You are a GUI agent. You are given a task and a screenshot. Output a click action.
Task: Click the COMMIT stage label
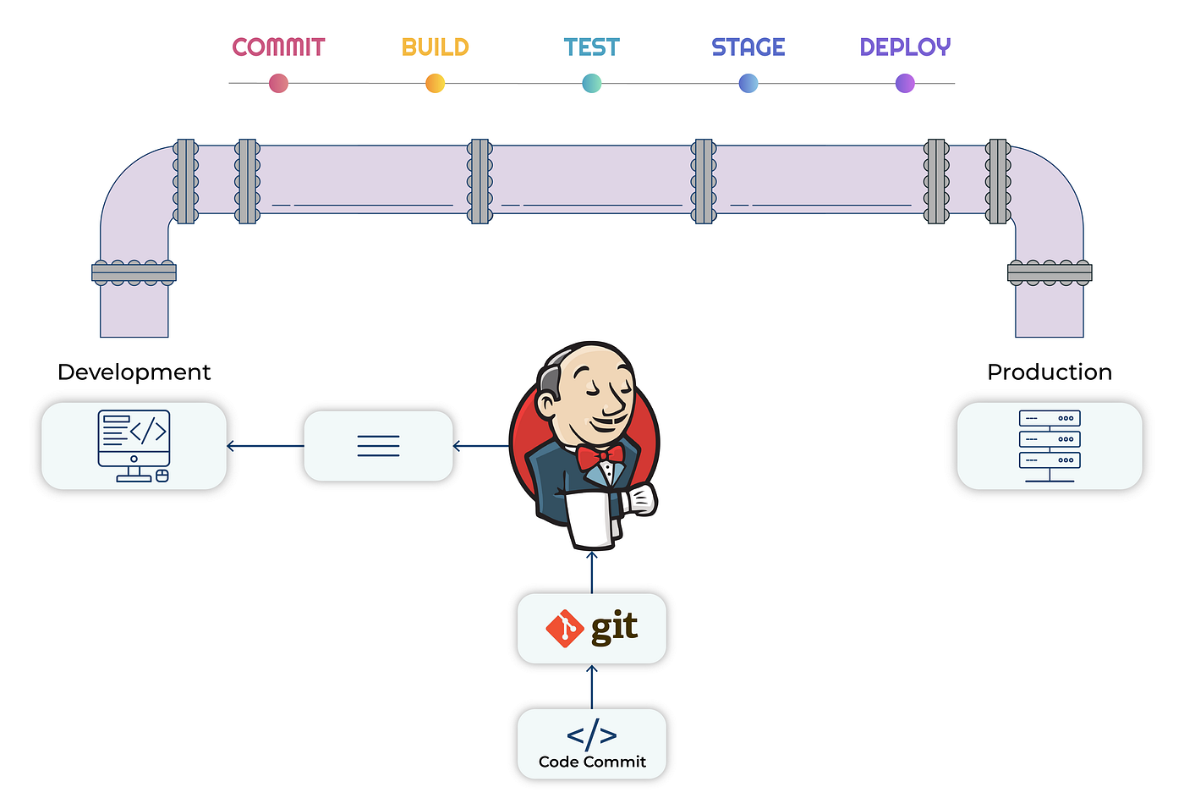coord(278,47)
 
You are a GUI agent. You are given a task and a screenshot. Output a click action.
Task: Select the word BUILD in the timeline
coord(435,47)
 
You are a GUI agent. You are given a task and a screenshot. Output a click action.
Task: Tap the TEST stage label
coord(591,47)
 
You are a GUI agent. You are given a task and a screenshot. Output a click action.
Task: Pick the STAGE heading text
coord(748,47)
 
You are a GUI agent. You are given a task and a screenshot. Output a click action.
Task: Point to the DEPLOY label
coord(905,47)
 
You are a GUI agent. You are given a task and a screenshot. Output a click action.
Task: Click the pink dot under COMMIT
coord(278,84)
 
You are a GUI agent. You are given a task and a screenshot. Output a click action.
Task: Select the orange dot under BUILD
coord(435,84)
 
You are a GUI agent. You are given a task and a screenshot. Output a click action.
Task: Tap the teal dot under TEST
coord(592,84)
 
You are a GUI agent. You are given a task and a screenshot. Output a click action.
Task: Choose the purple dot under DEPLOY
coord(905,84)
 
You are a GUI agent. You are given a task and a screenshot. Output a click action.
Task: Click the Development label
coord(134,372)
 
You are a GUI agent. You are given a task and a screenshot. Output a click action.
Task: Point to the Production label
coord(1050,372)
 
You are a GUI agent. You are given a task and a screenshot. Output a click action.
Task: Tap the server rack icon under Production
coord(1050,446)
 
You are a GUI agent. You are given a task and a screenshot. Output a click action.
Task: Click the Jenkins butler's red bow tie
coord(600,458)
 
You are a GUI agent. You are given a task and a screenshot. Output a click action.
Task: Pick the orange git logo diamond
coord(564,629)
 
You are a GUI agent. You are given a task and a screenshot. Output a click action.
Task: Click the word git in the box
coord(614,627)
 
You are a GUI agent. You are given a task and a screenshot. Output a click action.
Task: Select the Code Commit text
coord(592,762)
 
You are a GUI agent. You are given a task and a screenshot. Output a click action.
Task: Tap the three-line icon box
coord(378,446)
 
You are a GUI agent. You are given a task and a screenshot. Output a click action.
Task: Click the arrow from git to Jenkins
coord(592,573)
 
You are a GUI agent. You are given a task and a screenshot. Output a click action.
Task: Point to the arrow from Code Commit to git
coord(592,687)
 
